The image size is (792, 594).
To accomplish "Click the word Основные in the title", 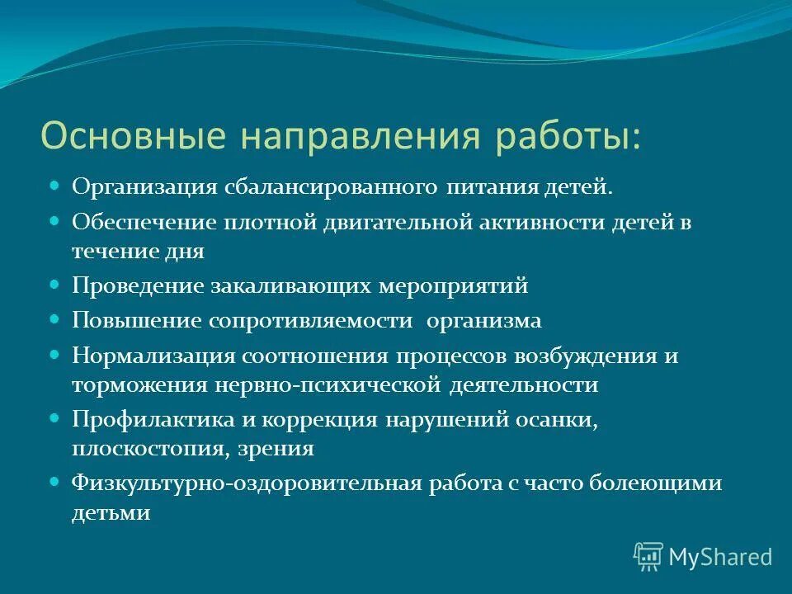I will click(x=109, y=136).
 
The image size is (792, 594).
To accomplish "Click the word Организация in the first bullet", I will click(x=145, y=186).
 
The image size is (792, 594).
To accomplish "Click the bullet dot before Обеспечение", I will click(x=56, y=221).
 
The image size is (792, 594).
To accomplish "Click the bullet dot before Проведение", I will click(x=56, y=284).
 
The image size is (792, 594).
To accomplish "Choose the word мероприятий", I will click(x=453, y=286).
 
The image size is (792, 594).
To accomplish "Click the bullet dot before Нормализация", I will click(x=56, y=353).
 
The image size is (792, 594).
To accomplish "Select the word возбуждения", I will click(x=585, y=356).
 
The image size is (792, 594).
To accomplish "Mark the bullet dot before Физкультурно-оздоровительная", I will click(x=56, y=480).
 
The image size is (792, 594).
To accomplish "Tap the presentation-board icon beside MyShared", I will click(x=648, y=557).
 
